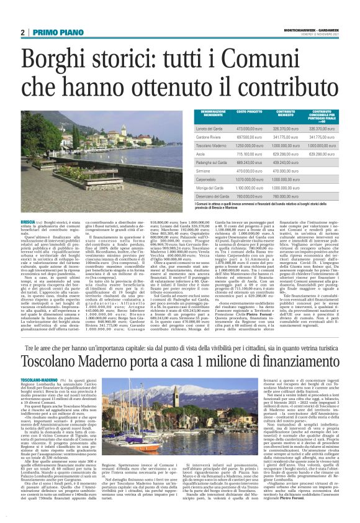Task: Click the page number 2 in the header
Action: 22,32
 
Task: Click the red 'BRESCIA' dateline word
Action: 27,221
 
